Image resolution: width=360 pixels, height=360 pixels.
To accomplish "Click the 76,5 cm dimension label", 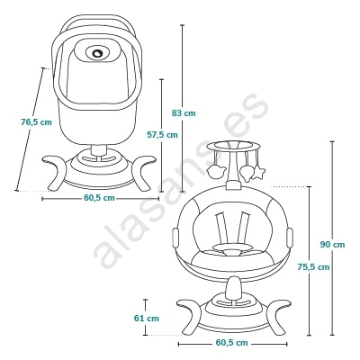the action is pos(36,122).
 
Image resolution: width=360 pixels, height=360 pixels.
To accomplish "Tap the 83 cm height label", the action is pos(184,113).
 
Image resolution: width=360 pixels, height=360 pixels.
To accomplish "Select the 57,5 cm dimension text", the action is pos(162,135).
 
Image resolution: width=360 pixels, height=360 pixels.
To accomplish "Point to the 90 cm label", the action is pos(332,245).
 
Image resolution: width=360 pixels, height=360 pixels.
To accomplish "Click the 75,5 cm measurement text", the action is pos(313,266).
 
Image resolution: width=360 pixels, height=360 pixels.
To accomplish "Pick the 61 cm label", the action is pos(147,318).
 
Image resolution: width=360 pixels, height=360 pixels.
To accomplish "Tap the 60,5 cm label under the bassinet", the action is pos(99,198).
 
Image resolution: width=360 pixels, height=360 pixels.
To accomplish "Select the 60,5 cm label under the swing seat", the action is pos(232,343).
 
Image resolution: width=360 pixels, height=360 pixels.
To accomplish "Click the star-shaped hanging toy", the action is pos(258,173).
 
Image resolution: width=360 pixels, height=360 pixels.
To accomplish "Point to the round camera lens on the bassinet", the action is pos(97,53).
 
